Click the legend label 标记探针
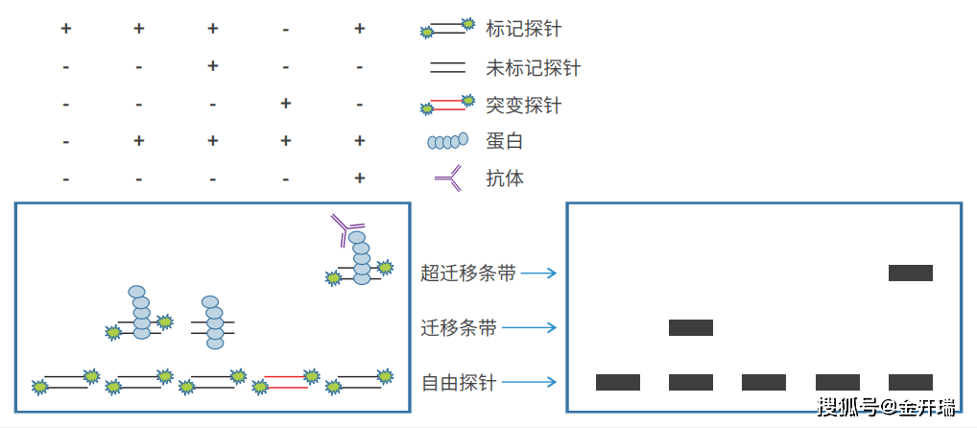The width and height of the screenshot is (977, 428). (x=523, y=29)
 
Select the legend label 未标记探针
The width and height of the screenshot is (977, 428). (x=533, y=68)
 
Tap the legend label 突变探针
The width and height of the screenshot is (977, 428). (x=523, y=105)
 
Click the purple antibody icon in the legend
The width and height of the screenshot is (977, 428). (x=448, y=178)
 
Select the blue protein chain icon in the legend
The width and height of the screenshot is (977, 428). (x=447, y=142)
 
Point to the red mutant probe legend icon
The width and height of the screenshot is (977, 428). (x=447, y=105)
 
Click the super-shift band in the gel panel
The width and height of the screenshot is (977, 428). (x=910, y=273)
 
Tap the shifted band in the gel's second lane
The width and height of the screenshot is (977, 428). (x=690, y=327)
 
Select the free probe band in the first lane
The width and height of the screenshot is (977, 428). (x=617, y=382)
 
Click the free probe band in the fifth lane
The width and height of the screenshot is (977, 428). (x=910, y=382)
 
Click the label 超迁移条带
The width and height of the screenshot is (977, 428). (x=467, y=273)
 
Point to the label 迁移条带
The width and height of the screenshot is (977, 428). (x=459, y=328)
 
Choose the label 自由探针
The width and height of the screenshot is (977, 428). (x=459, y=383)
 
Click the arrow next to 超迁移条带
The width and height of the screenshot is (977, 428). (x=538, y=273)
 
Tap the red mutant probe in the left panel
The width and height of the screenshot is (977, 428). (x=286, y=382)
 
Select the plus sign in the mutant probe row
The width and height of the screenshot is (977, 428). (x=285, y=104)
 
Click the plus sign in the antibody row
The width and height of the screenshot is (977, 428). (x=359, y=178)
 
